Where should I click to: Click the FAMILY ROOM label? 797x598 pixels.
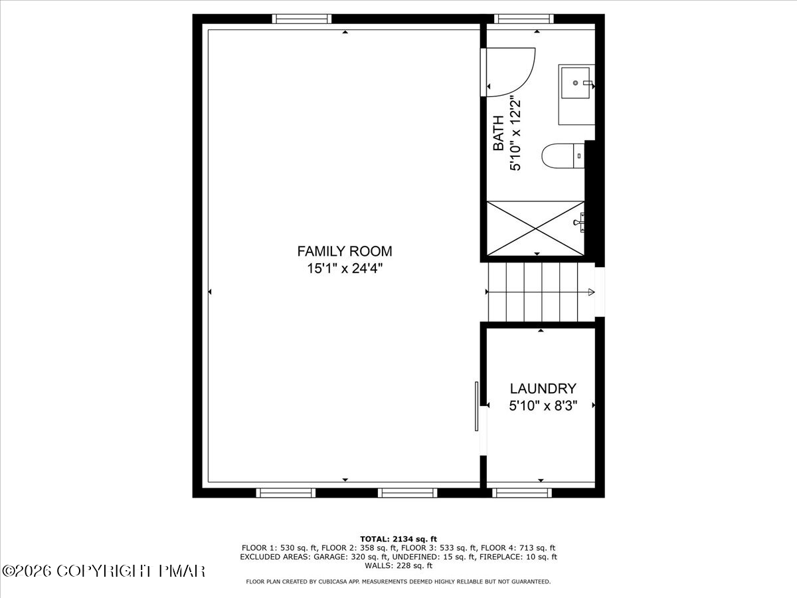tap(345, 251)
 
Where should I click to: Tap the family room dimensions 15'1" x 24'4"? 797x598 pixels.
tap(345, 268)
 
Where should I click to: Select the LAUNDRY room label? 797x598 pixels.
tap(543, 389)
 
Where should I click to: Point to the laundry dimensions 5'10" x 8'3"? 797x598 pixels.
tap(543, 405)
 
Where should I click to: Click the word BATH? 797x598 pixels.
tap(499, 133)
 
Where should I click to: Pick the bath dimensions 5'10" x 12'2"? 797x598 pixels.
tap(515, 133)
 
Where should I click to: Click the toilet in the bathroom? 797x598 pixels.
tap(563, 155)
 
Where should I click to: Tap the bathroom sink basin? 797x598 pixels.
tap(576, 83)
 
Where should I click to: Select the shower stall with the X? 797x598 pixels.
tap(535, 229)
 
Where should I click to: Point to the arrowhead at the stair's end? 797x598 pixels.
tap(591, 292)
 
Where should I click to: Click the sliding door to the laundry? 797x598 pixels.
tap(477, 406)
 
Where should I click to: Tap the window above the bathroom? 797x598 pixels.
tap(524, 19)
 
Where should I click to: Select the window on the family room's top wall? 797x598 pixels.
tap(302, 19)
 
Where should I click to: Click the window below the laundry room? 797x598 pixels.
tap(522, 493)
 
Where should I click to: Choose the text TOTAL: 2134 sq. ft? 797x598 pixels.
tap(398, 539)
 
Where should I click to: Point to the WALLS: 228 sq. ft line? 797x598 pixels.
tap(398, 565)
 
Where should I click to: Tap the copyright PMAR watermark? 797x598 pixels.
tap(104, 571)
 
